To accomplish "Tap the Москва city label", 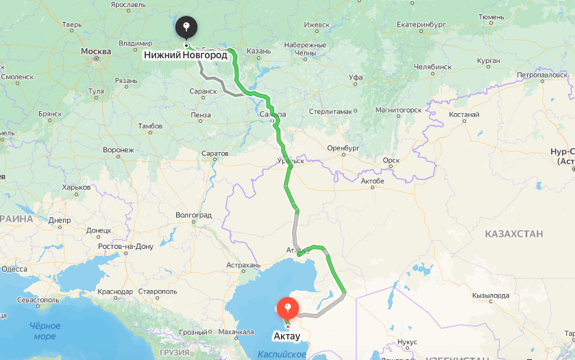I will [x=95, y=51].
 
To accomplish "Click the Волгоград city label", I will [x=193, y=215].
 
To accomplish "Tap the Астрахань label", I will [x=244, y=265].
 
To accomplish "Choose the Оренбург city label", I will [x=343, y=148].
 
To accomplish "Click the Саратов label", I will [x=215, y=154].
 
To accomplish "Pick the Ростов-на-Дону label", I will [x=125, y=246].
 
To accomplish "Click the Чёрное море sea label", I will [x=45, y=331].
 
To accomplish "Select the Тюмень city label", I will [x=492, y=16].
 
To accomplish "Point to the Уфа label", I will [x=356, y=77].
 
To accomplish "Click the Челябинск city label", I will [x=432, y=67].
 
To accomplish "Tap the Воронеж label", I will [x=118, y=149].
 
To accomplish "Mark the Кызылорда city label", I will [x=491, y=296].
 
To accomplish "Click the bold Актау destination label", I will [x=286, y=336].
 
